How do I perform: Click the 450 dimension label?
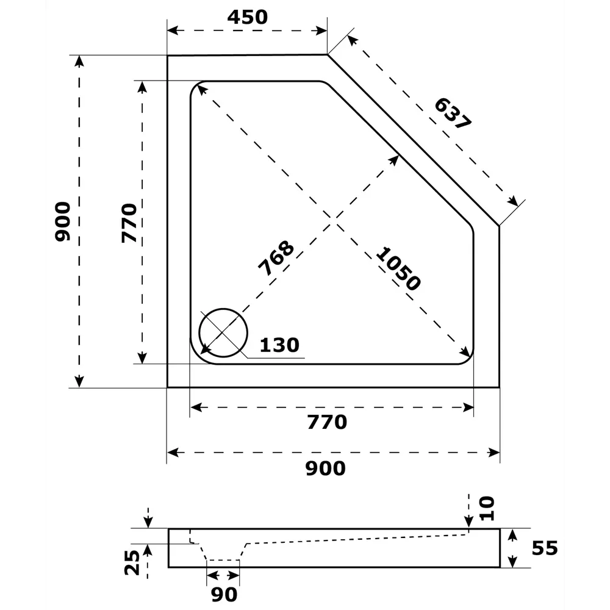[247, 17]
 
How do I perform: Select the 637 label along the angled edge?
[453, 114]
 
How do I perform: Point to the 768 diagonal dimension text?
[276, 259]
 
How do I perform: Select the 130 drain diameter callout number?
[279, 345]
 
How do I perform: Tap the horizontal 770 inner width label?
[327, 422]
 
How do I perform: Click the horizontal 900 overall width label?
[325, 468]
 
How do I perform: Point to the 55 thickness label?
[545, 548]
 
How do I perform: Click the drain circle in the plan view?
[223, 332]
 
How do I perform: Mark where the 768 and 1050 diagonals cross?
[332, 218]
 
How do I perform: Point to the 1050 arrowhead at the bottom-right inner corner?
[466, 354]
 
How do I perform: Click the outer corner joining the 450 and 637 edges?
[328, 55]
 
